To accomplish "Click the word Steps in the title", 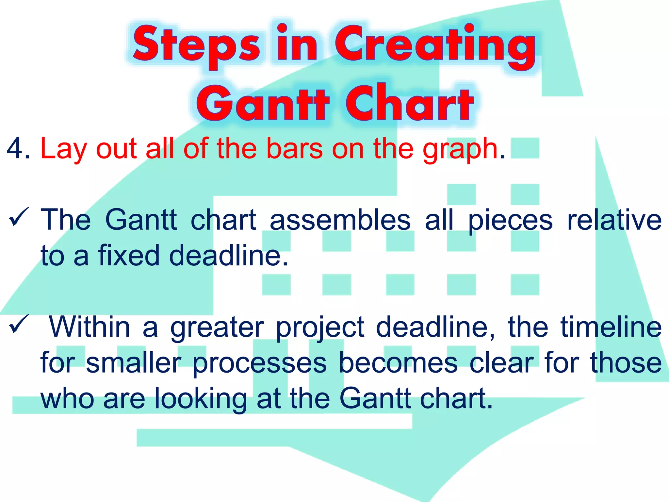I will click(x=196, y=44).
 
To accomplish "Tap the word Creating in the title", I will click(x=434, y=44).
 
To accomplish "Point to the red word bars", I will click(x=294, y=149).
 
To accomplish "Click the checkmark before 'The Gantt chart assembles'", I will click(x=19, y=217).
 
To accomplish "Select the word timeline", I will click(x=611, y=327).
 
